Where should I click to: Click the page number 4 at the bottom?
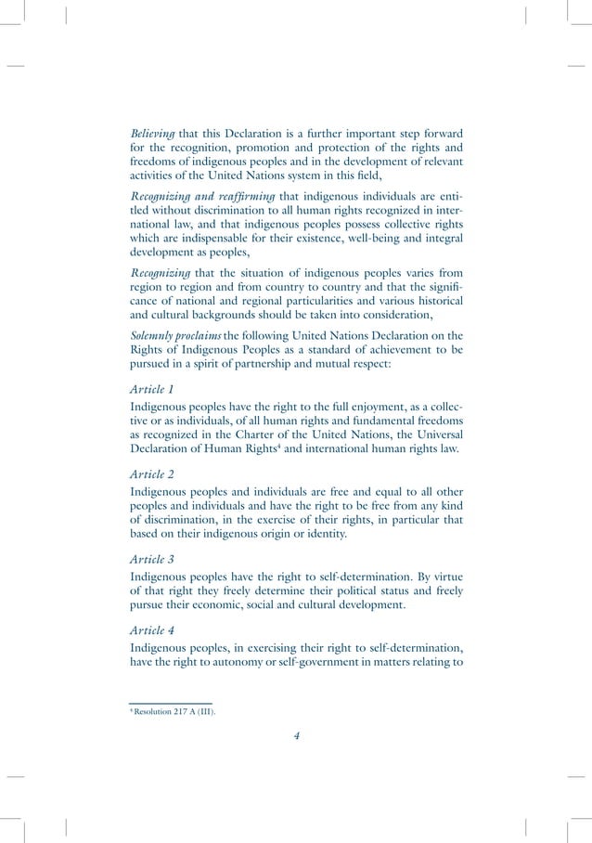(296, 735)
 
